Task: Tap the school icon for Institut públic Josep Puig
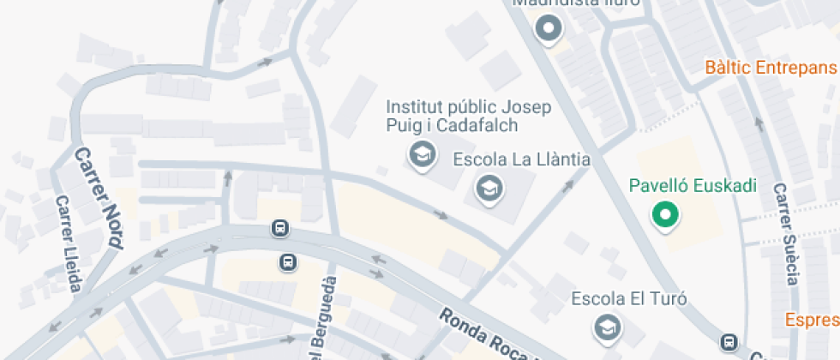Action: click(x=421, y=155)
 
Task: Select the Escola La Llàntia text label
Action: click(x=521, y=159)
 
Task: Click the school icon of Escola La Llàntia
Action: click(x=489, y=186)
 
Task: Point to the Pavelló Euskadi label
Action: click(x=693, y=185)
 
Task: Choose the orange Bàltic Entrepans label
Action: click(x=771, y=67)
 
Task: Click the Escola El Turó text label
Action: click(x=629, y=299)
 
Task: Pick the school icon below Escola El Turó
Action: click(x=607, y=327)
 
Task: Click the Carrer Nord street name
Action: click(x=96, y=197)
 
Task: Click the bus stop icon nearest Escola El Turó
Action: click(x=729, y=341)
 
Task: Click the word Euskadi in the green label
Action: click(x=724, y=185)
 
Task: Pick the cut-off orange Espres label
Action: click(x=813, y=320)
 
